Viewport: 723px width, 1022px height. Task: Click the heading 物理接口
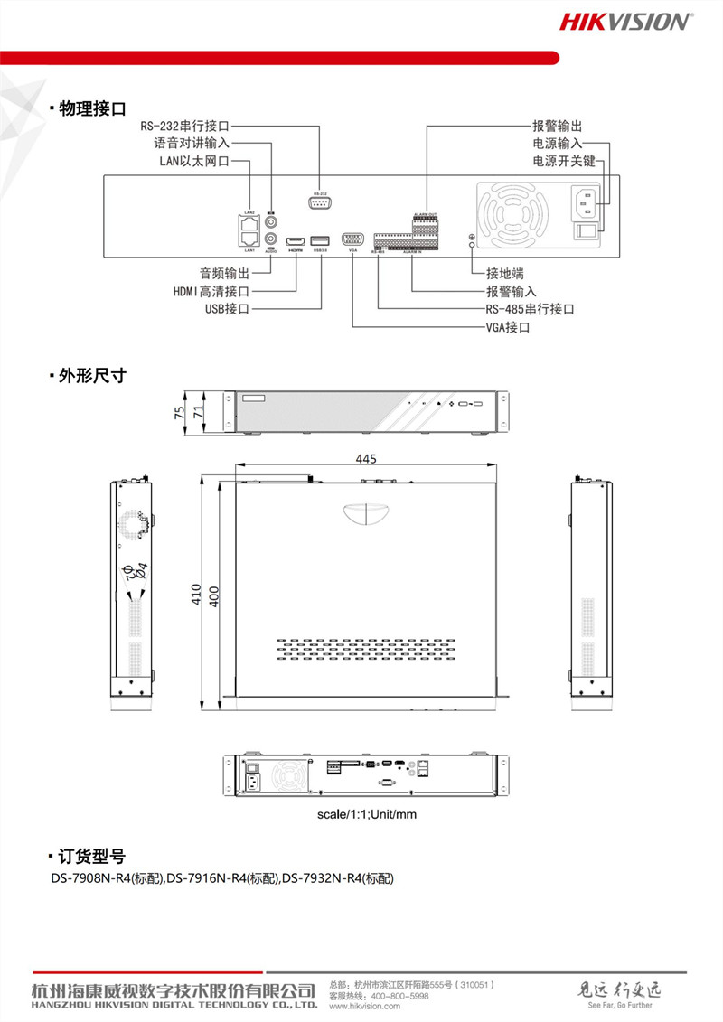[x=91, y=109]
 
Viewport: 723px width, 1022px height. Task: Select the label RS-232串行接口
[x=184, y=127]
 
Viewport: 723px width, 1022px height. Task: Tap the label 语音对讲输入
[x=192, y=143]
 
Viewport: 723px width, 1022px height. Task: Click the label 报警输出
[x=557, y=127]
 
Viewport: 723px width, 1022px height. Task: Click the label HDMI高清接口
[x=211, y=291]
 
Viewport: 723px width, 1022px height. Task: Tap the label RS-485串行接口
[x=531, y=309]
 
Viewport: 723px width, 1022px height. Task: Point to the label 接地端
[x=505, y=273]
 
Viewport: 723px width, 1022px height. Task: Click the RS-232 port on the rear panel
[x=320, y=203]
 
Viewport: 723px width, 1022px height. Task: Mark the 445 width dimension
[x=366, y=459]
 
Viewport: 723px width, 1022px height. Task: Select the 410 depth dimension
[x=197, y=594]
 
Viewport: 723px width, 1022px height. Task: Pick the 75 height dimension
[x=180, y=412]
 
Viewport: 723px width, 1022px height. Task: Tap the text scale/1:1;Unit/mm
[x=366, y=814]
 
